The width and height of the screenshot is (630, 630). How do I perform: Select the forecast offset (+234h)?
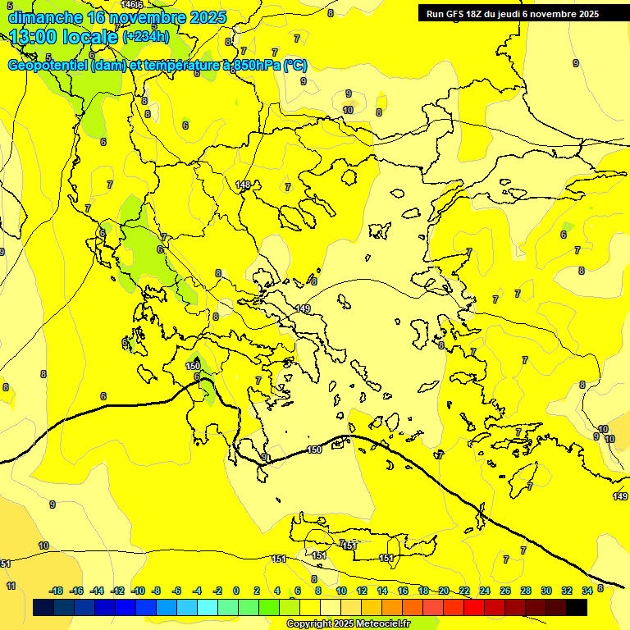coord(145,36)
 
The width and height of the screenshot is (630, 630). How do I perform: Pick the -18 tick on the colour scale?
coord(56,591)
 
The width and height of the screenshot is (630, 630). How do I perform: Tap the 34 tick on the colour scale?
coord(587,591)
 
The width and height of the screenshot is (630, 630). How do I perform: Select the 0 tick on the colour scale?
coord(236,591)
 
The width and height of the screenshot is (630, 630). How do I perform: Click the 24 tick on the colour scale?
coord(485,591)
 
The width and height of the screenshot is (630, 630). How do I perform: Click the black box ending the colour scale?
coord(577,607)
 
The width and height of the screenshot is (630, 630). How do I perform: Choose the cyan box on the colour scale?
coord(208,607)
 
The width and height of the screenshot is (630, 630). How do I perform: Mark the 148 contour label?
coord(242,185)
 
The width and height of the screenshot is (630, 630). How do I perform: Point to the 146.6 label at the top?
coord(132,6)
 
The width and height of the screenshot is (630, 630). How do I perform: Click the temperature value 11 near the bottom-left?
coord(11,586)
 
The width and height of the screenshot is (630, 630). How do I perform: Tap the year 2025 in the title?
coord(208,16)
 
